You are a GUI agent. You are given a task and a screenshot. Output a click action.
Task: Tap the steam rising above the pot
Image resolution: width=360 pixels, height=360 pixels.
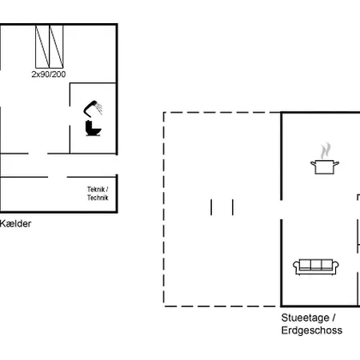(326, 150)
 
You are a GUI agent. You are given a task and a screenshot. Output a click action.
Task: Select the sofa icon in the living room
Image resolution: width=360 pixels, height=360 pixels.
(314, 266)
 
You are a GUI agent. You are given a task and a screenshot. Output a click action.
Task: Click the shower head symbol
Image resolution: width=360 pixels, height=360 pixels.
(94, 107)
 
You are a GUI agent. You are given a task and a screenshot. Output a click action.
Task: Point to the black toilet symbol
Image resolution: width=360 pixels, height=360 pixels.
(92, 129)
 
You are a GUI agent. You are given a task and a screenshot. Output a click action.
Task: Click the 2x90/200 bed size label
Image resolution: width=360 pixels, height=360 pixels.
(49, 74)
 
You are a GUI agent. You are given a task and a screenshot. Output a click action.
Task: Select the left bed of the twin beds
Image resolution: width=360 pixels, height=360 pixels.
(42, 46)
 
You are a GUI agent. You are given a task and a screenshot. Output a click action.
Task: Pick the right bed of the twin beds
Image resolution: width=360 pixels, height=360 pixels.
(56, 46)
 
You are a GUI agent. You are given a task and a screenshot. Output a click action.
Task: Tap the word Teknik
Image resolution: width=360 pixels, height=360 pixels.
(97, 190)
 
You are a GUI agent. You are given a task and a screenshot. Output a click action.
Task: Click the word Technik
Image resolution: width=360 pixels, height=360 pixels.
(97, 198)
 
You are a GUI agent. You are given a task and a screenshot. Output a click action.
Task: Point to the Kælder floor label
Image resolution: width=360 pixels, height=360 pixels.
(15, 224)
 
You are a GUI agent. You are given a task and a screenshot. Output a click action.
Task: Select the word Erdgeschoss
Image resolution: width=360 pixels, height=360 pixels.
(312, 330)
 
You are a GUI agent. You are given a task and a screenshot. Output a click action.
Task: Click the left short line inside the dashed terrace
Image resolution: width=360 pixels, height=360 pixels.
(212, 207)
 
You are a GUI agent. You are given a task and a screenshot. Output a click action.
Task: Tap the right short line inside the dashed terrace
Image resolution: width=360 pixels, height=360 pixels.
(233, 207)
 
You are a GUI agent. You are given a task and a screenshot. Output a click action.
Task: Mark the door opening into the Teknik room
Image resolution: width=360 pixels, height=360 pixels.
(57, 177)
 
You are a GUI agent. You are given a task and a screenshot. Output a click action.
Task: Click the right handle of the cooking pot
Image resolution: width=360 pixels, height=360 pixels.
(339, 163)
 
